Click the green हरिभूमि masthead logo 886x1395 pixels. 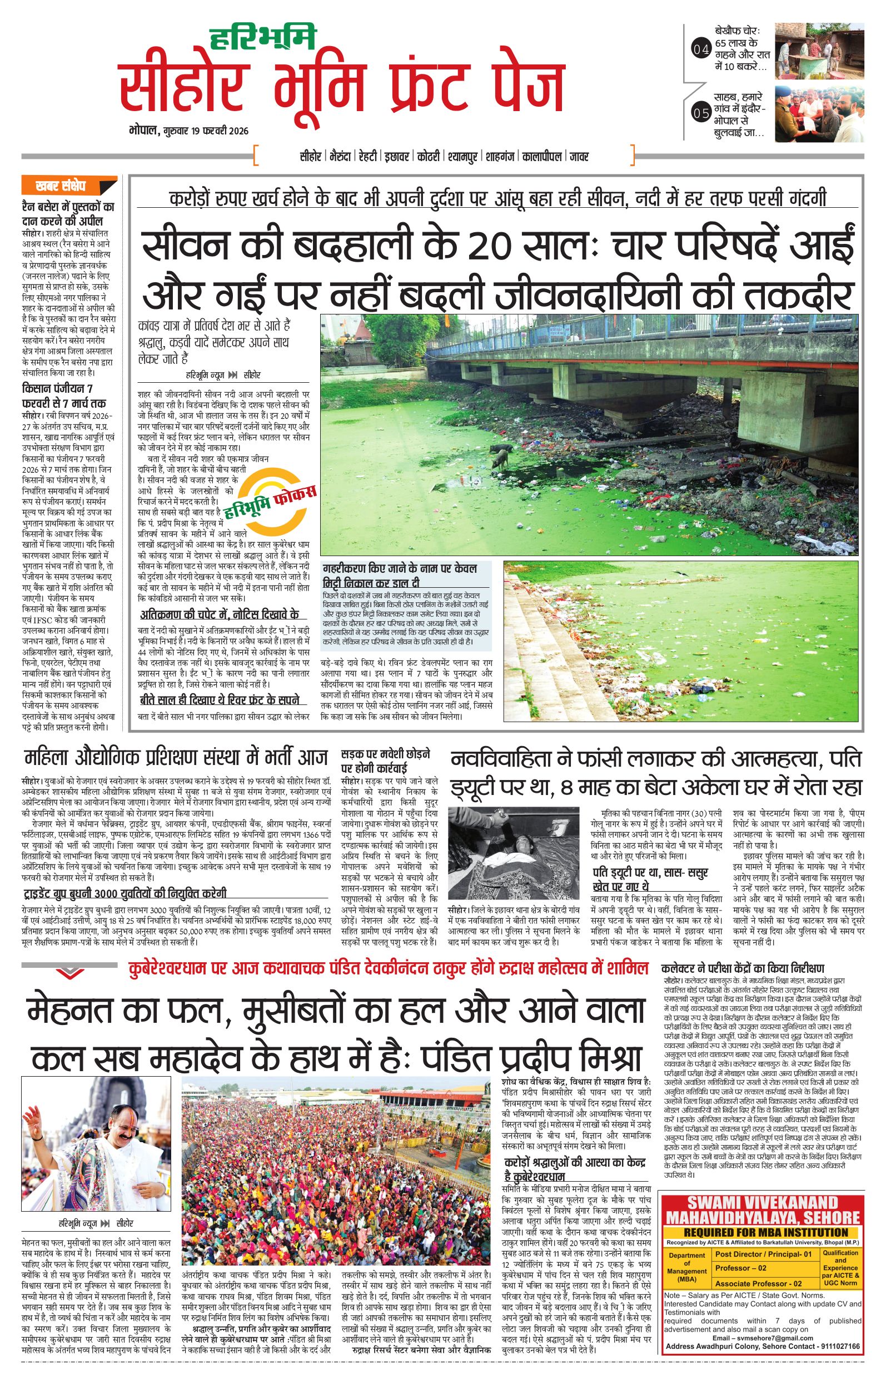[262, 37]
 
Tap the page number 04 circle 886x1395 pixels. [700, 51]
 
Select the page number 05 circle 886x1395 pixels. [700, 112]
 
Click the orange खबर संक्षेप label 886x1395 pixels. [61, 187]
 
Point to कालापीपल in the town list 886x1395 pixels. [542, 157]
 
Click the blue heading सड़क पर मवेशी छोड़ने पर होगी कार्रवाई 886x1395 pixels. [385, 761]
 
